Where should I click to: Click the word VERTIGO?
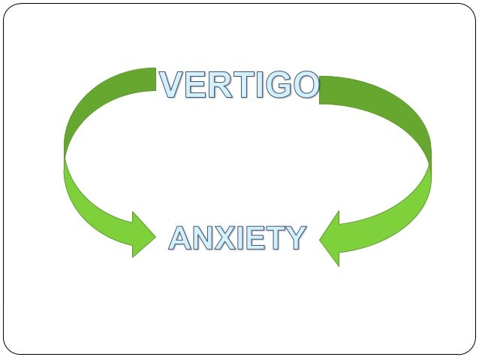click(239, 84)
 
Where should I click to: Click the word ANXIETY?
click(237, 237)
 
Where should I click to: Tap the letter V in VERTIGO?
click(170, 84)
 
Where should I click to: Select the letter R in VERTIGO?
click(215, 84)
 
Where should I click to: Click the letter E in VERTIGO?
click(193, 84)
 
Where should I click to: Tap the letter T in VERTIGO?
click(236, 84)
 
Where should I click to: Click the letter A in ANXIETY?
click(180, 237)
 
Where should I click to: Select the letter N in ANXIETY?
click(203, 237)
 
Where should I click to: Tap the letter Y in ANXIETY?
click(296, 237)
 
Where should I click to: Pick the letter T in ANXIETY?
click(276, 237)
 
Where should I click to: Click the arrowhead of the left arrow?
click(141, 234)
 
